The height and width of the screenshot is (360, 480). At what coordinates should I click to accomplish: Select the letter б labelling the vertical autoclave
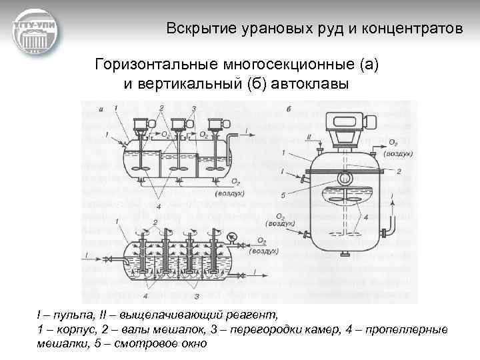pyautogui.click(x=287, y=110)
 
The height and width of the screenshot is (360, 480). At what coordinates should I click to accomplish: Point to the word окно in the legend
pyautogui.click(x=194, y=344)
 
